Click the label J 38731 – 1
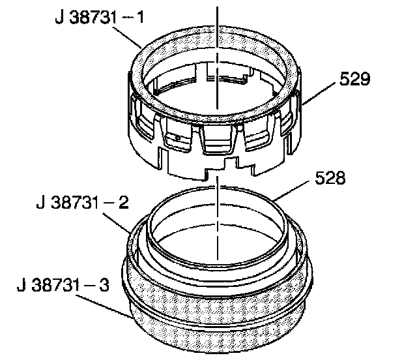[100, 18]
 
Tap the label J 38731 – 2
[83, 202]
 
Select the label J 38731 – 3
[63, 285]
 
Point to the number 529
[354, 78]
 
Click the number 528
[330, 177]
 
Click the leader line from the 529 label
[319, 93]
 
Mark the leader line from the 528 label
[292, 190]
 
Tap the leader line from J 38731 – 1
[127, 37]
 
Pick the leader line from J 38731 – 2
[117, 223]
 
